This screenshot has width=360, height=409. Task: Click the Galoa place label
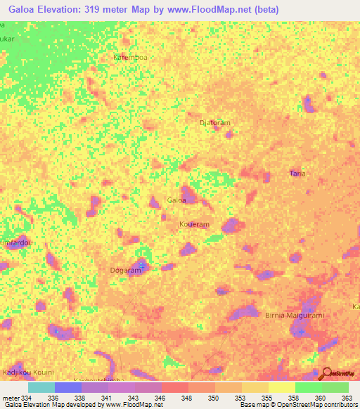click(x=176, y=200)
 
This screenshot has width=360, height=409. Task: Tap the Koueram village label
click(x=194, y=224)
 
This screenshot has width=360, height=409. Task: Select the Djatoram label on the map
click(x=215, y=122)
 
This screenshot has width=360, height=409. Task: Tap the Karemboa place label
click(x=131, y=58)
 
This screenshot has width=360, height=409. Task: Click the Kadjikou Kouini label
click(x=28, y=371)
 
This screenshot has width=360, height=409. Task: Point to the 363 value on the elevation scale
click(x=345, y=397)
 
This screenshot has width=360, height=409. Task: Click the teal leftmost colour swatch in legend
click(x=41, y=387)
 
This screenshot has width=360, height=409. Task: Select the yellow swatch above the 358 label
click(x=281, y=387)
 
